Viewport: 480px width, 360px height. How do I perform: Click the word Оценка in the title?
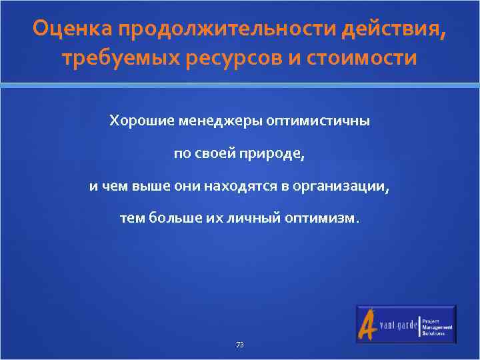(x=72, y=29)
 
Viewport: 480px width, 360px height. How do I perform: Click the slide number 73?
(x=240, y=345)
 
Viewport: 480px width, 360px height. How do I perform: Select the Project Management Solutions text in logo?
(x=437, y=325)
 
